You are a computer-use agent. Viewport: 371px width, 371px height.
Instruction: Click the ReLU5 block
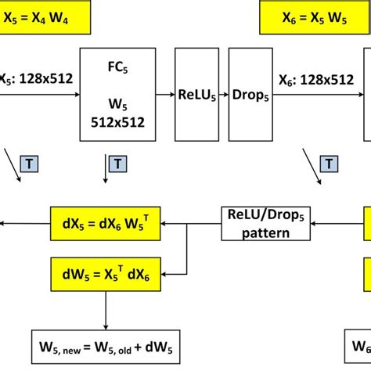point(197,93)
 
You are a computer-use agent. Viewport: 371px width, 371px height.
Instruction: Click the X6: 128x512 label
point(315,78)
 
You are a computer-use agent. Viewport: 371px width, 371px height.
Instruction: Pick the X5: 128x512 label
point(35,78)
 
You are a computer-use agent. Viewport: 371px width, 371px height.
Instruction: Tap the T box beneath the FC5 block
point(117,164)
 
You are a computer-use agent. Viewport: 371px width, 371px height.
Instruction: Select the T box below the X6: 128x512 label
point(330,164)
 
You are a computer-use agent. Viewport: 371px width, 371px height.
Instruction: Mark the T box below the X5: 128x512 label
point(35,164)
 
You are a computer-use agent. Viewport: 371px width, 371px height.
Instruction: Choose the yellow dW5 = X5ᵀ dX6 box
point(104,273)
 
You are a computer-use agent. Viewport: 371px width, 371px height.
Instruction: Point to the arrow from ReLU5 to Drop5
point(223,93)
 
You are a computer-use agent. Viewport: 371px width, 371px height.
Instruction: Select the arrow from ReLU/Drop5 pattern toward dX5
point(188,223)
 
